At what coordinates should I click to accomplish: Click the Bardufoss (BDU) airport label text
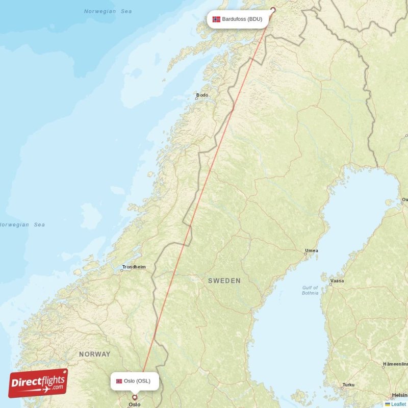(x=242, y=19)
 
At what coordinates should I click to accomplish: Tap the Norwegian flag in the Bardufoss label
(x=216, y=19)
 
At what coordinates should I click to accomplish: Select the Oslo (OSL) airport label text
(x=137, y=381)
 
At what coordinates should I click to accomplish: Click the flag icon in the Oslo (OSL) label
(x=119, y=381)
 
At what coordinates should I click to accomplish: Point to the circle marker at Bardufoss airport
(x=272, y=9)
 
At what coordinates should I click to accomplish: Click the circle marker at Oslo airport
(x=135, y=397)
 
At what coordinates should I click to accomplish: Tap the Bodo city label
(x=202, y=95)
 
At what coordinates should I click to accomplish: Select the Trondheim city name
(x=134, y=267)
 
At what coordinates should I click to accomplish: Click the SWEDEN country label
(x=224, y=281)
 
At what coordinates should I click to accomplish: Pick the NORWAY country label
(x=94, y=354)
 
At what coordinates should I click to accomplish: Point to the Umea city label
(x=311, y=250)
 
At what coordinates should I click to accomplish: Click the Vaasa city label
(x=337, y=280)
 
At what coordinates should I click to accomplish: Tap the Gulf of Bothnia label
(x=310, y=290)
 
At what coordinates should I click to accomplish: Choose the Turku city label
(x=348, y=385)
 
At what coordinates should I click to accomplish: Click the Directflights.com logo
(x=38, y=383)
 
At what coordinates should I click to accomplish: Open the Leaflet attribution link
(x=399, y=404)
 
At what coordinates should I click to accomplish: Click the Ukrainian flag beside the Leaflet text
(x=388, y=404)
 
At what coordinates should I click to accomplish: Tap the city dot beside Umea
(x=305, y=253)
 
